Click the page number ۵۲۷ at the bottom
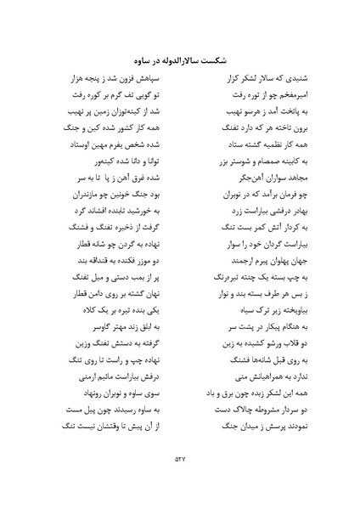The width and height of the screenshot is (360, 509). [179, 460]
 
